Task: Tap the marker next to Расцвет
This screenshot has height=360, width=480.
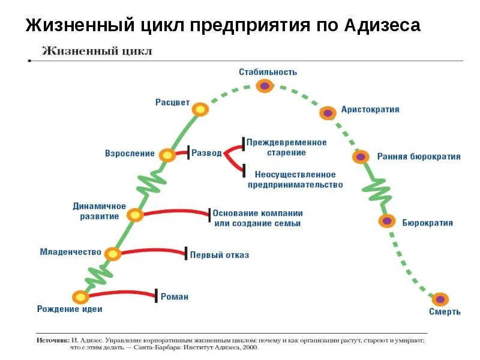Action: (x=200, y=110)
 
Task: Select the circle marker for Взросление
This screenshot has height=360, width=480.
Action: (x=167, y=155)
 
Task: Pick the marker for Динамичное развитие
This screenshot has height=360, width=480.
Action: (x=135, y=215)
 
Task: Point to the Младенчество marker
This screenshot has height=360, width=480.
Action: (x=112, y=254)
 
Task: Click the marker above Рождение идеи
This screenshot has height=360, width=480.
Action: (x=80, y=296)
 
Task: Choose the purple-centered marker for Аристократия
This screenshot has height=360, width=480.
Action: (x=328, y=112)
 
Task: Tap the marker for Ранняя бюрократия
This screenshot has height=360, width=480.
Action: (x=361, y=157)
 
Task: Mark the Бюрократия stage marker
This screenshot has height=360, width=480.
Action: (x=387, y=221)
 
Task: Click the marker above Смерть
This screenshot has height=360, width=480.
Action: (x=440, y=299)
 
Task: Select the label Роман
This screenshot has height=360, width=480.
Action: (x=175, y=296)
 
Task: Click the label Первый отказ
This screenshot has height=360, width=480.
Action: (x=220, y=255)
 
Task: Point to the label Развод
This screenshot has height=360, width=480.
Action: (x=206, y=153)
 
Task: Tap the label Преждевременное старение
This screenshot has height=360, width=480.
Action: (x=287, y=147)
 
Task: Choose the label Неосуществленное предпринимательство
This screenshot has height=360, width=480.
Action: (x=295, y=179)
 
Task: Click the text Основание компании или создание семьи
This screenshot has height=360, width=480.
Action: (x=258, y=218)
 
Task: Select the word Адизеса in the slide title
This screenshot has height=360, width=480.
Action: (x=383, y=26)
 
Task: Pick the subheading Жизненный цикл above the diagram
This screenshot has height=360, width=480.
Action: (x=97, y=51)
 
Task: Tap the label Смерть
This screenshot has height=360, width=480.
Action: (x=445, y=312)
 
